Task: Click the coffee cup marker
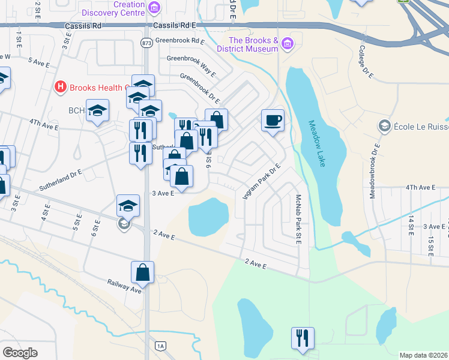pyautogui.click(x=273, y=121)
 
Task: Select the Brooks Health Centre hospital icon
pyautogui.click(x=60, y=87)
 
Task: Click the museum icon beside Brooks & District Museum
pyautogui.click(x=288, y=43)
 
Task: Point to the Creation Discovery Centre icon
pyautogui.click(x=154, y=8)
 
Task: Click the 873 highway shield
pyautogui.click(x=146, y=43)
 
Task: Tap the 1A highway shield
pyautogui.click(x=160, y=346)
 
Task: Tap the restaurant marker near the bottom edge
pyautogui.click(x=303, y=338)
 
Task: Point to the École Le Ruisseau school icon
pyautogui.click(x=384, y=125)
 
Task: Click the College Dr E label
pyautogui.click(x=366, y=62)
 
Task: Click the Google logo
pyautogui.click(x=20, y=352)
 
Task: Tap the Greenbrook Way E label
pyautogui.click(x=191, y=66)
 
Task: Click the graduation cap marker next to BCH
pyautogui.click(x=97, y=111)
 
